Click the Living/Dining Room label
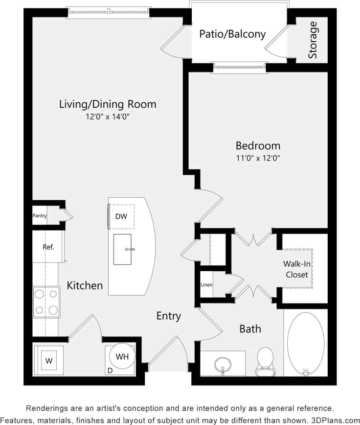[x=108, y=104]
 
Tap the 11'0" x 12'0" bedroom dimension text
[x=258, y=158]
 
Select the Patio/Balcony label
[x=232, y=34]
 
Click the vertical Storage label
[x=313, y=40]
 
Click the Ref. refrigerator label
[x=48, y=247]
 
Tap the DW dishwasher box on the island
[x=121, y=216]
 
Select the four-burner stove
[x=46, y=302]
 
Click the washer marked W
[x=49, y=361]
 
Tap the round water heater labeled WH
[x=122, y=357]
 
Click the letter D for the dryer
[x=110, y=371]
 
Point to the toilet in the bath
[x=265, y=360]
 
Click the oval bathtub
[x=305, y=343]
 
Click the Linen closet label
[x=206, y=284]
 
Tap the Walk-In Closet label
[x=297, y=269]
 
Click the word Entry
[x=169, y=316]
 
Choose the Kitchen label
[x=85, y=285]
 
